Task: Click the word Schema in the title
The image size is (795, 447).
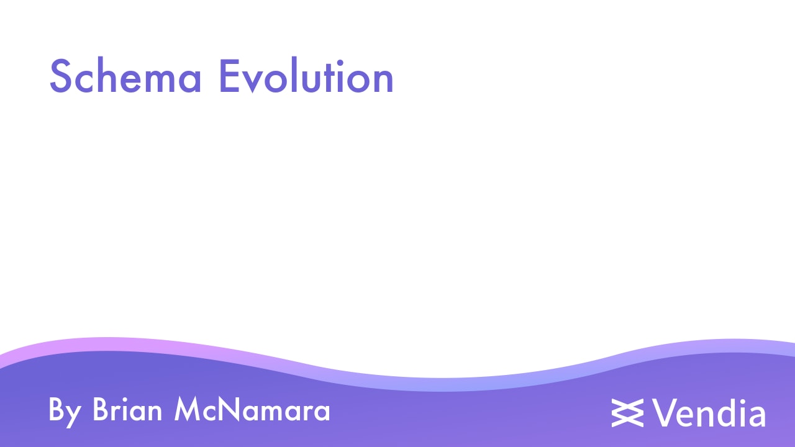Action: coord(125,78)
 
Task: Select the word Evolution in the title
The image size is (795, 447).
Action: coord(306,78)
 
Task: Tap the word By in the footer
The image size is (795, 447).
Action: coord(65,411)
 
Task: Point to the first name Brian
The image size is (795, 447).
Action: coord(129,410)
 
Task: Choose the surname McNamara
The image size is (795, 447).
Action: coord(252,410)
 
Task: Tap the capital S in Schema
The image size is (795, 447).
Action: coord(61,78)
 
